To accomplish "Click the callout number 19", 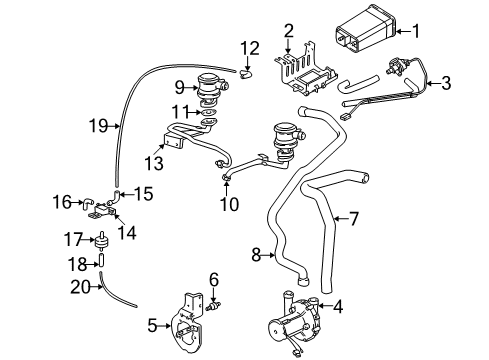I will click(x=94, y=126).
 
